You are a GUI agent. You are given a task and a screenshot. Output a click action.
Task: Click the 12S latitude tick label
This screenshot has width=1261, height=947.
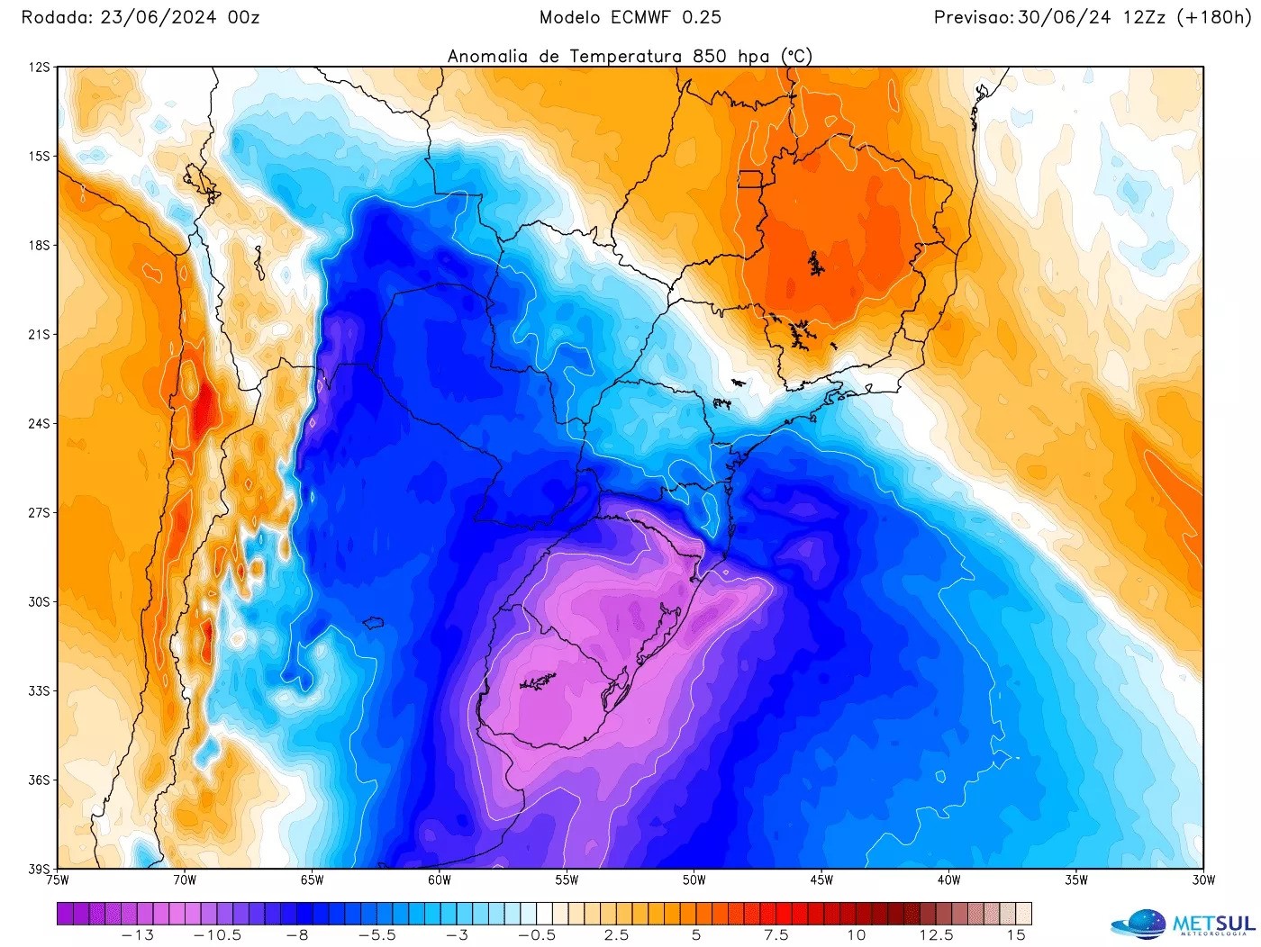(x=40, y=68)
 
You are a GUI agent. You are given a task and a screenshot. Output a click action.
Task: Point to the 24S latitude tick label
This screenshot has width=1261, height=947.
(x=40, y=424)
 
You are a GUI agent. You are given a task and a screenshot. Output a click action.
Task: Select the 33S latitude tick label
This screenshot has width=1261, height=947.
(x=40, y=691)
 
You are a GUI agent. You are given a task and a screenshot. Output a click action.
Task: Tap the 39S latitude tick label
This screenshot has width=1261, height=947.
(x=40, y=870)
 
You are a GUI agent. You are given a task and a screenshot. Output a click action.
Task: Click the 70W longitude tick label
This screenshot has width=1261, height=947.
(x=185, y=880)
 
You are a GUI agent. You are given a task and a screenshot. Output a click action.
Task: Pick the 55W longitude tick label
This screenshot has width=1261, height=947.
(x=567, y=880)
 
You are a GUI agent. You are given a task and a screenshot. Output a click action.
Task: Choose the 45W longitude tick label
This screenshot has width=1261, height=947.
(x=821, y=880)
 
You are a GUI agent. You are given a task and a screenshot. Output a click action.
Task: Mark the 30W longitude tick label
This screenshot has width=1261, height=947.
(x=1203, y=880)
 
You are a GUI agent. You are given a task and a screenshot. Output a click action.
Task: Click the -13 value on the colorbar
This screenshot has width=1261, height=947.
(x=138, y=935)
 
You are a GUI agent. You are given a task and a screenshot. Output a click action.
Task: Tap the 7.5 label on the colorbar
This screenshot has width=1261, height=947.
(x=776, y=935)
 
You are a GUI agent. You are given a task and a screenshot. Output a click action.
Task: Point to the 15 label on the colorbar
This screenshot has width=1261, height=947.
(x=1016, y=935)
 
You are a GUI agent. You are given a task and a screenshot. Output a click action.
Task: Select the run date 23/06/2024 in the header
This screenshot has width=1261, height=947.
(x=161, y=17)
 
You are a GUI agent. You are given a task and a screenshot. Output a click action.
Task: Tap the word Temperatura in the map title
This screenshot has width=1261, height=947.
(x=626, y=56)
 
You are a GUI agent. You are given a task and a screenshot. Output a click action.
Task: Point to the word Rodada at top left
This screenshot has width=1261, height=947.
(x=56, y=17)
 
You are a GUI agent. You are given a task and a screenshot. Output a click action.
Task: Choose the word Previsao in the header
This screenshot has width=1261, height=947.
(x=973, y=17)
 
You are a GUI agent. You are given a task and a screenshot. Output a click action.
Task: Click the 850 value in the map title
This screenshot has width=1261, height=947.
(x=710, y=56)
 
